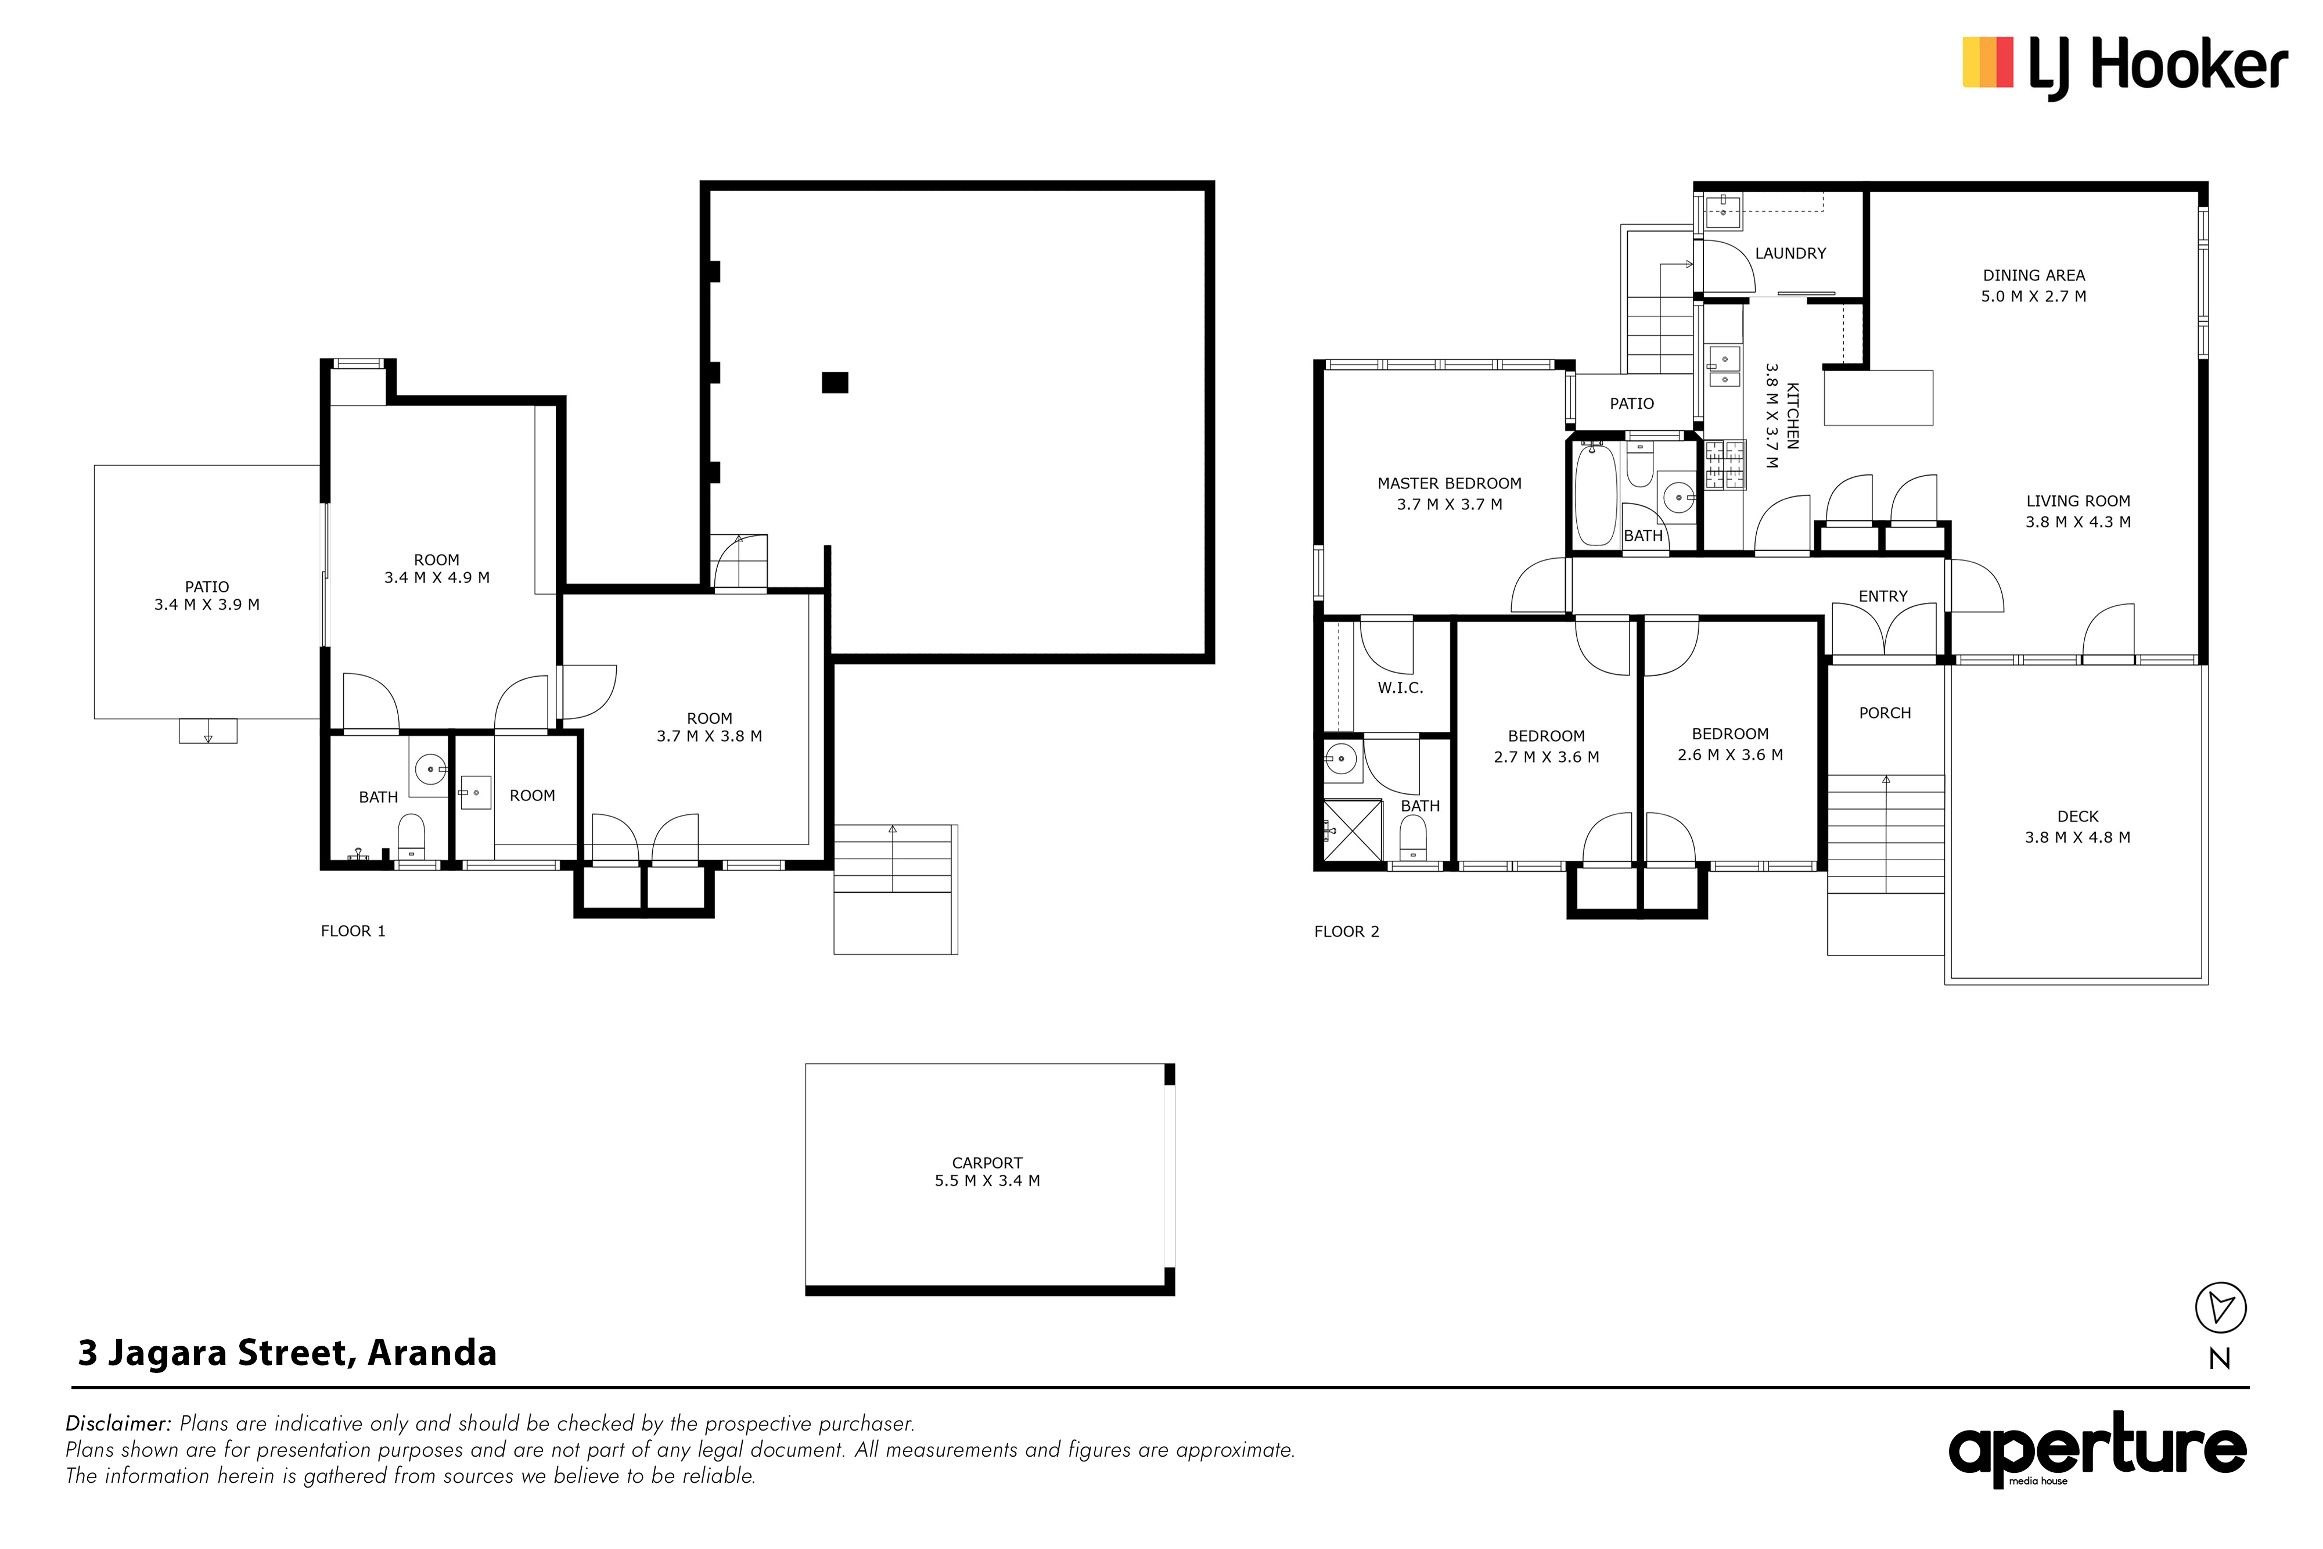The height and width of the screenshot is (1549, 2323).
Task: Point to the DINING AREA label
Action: tap(2034, 276)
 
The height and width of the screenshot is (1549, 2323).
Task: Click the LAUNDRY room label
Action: tap(1790, 253)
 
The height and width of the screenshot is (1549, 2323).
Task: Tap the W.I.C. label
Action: tap(1401, 688)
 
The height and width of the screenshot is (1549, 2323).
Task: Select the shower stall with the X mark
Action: tap(1353, 830)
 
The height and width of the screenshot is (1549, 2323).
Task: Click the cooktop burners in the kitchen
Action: tap(1724, 465)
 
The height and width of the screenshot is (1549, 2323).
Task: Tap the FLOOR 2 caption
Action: tap(1346, 932)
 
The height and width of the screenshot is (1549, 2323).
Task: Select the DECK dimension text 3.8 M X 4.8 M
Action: tap(2077, 838)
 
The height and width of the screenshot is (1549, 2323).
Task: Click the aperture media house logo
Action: tap(2097, 1449)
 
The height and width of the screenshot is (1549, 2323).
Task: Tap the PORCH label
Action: tap(1885, 713)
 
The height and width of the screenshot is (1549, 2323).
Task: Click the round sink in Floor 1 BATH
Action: tap(430, 768)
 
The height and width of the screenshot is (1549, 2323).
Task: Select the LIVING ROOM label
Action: tap(2078, 501)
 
